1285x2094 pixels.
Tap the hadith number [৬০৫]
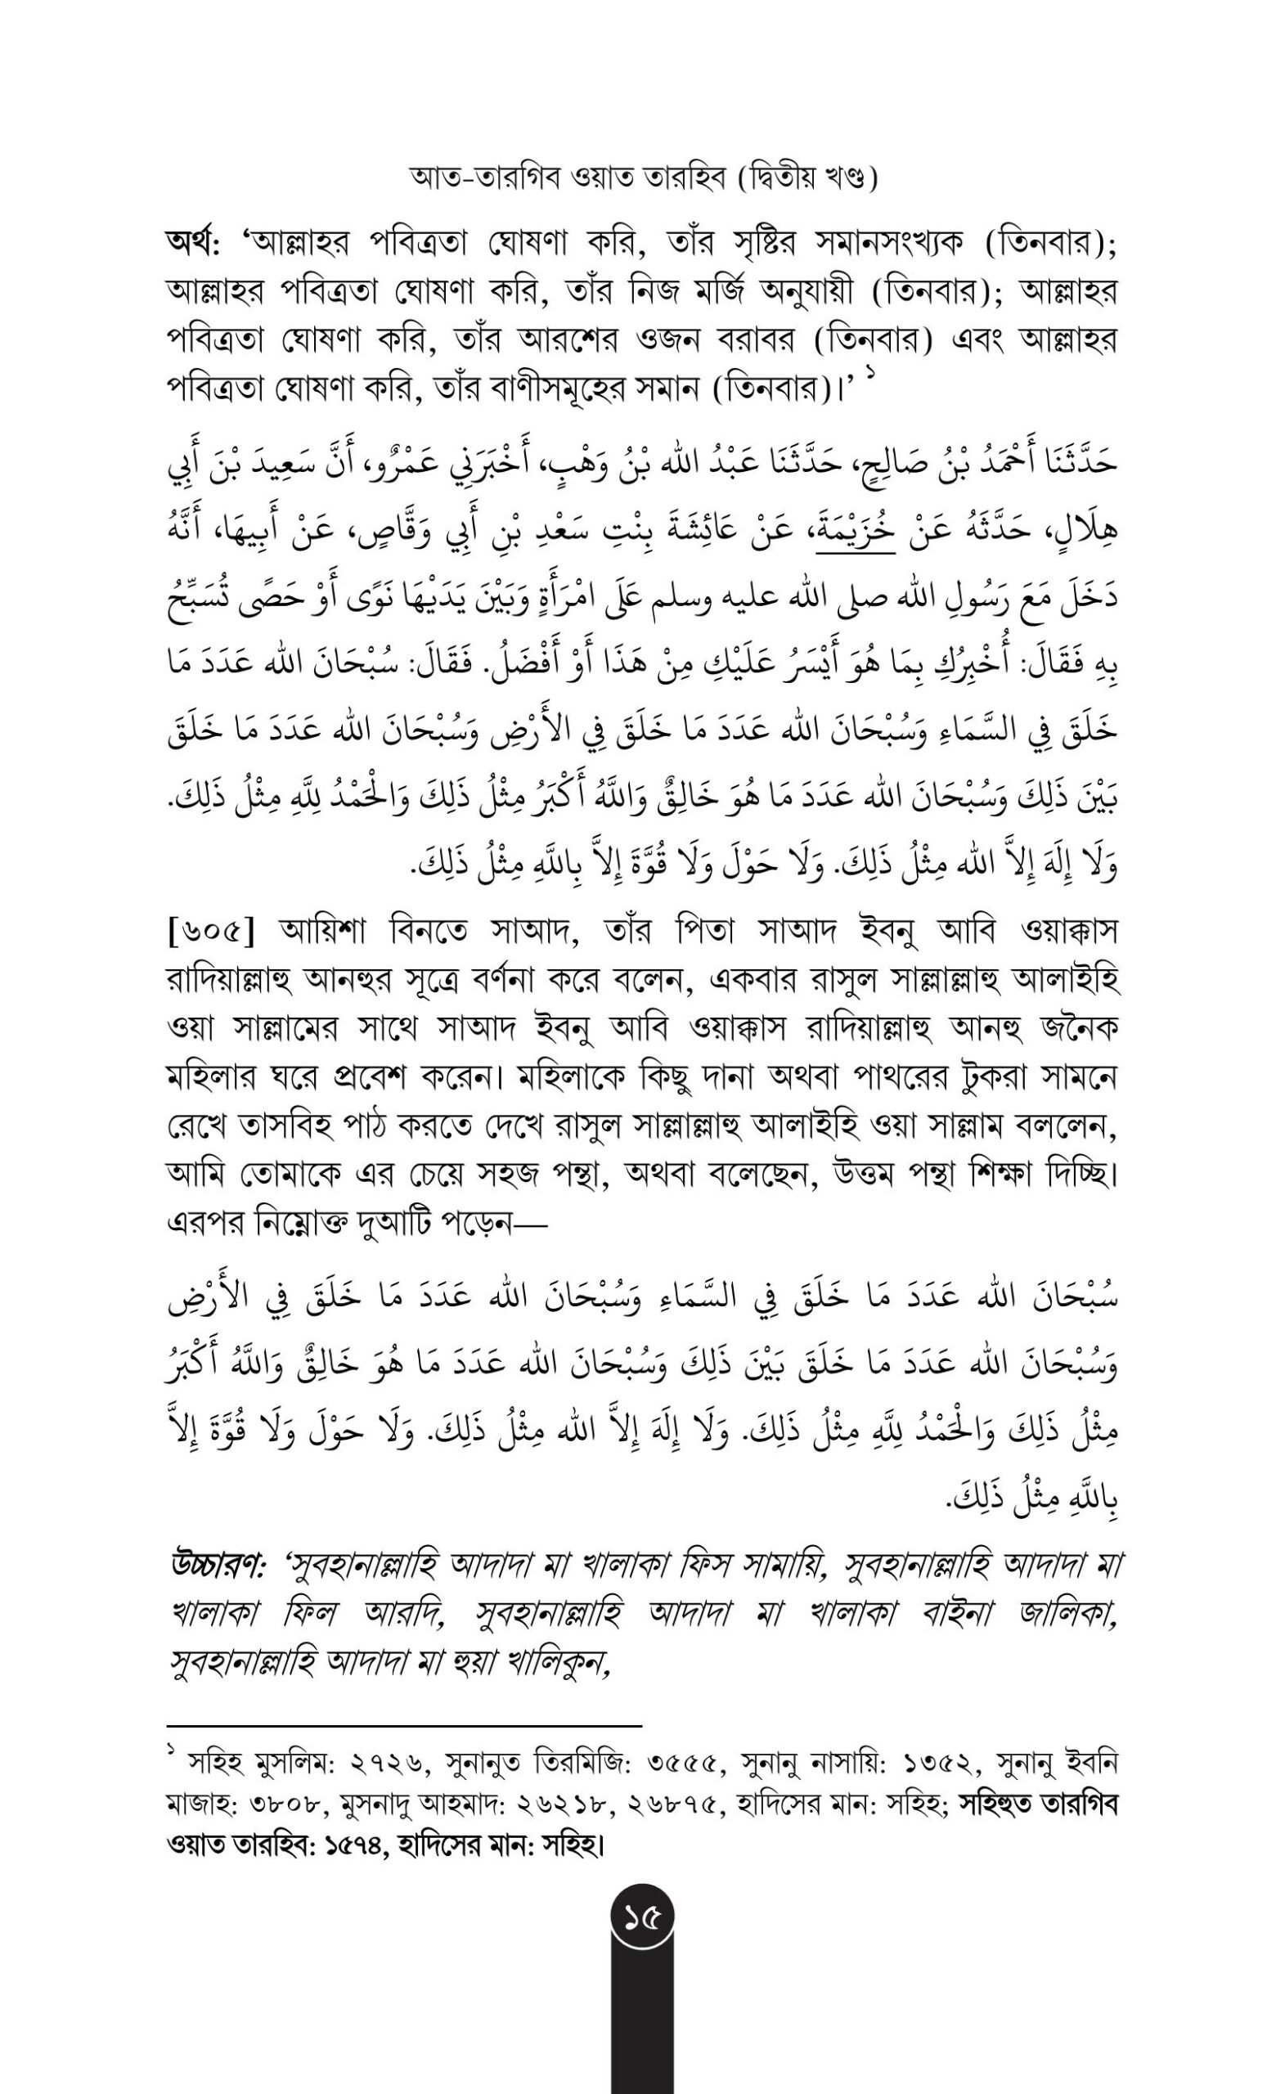point(209,933)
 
